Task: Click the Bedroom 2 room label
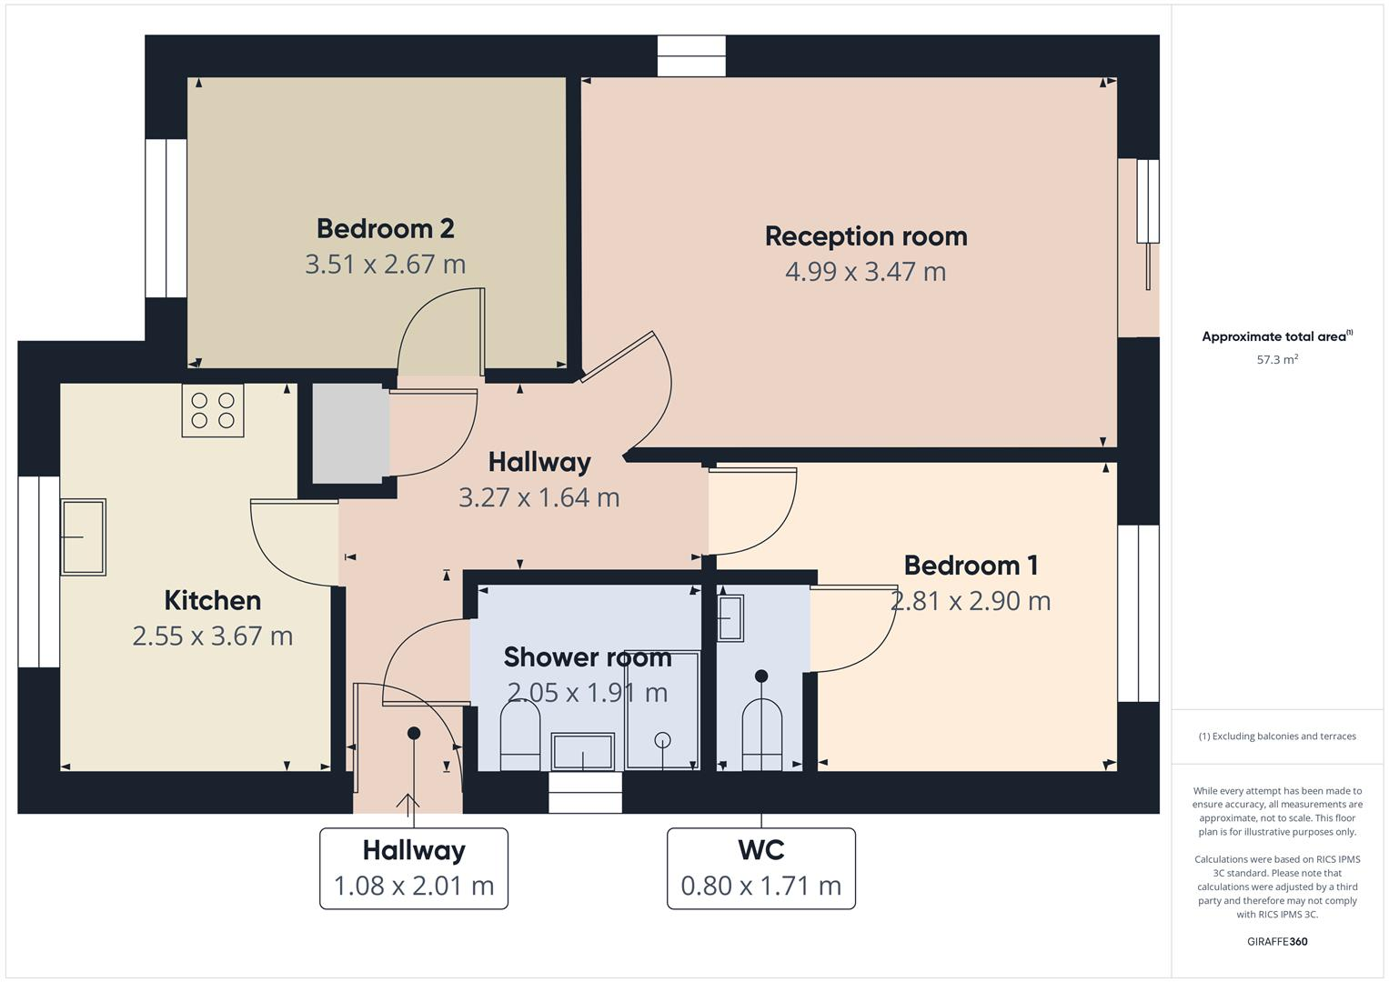385,228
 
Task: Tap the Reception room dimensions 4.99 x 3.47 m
865,271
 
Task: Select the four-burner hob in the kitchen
213,410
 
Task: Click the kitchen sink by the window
83,536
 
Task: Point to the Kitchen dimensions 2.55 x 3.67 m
212,636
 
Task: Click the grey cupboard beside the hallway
347,434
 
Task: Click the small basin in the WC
730,618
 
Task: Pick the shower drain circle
662,740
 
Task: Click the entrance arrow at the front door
407,802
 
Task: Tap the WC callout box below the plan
760,867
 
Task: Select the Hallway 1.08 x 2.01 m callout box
413,867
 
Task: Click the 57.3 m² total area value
1276,359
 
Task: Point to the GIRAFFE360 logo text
1276,941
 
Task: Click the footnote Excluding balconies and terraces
1276,736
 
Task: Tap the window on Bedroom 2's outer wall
166,218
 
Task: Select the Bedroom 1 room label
970,566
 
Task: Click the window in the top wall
691,55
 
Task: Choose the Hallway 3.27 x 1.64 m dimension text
538,497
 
